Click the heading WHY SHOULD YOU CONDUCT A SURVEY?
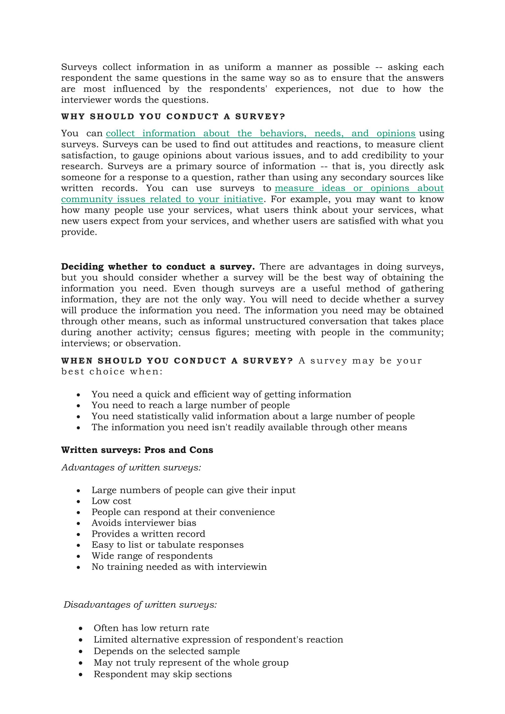tap(173, 117)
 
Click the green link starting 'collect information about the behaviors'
tap(261, 133)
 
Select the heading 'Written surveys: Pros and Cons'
tap(137, 450)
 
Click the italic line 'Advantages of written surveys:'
tap(131, 467)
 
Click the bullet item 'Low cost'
tap(111, 501)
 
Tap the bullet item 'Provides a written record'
tap(148, 534)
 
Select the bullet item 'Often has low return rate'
tap(151, 628)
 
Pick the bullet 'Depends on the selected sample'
tap(167, 651)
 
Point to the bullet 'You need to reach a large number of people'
tap(191, 405)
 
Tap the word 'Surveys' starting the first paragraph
tap(79, 67)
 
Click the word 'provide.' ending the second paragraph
tap(79, 232)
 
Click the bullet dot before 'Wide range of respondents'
tap(78, 556)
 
